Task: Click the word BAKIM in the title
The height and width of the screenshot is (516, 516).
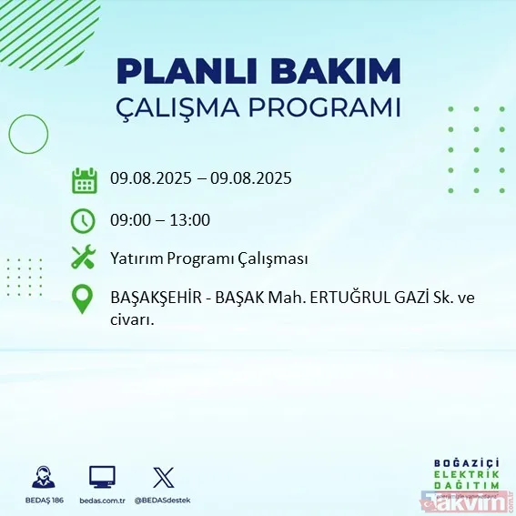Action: (x=343, y=71)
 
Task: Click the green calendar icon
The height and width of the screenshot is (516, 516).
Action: (x=84, y=180)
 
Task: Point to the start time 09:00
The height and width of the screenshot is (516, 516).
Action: (x=129, y=220)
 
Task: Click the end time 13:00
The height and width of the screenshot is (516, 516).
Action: (x=191, y=220)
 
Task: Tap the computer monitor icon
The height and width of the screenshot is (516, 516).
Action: (x=102, y=477)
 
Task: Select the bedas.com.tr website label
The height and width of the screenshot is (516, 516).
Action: (x=102, y=501)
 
